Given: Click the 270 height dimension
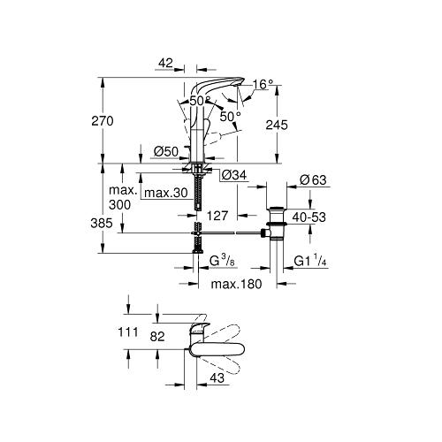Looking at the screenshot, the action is point(103,121).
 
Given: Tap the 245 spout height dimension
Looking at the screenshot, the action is point(277,125).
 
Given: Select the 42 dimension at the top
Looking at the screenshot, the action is point(165,63).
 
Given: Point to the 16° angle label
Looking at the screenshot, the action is point(263,85).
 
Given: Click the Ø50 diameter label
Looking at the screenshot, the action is point(166,152).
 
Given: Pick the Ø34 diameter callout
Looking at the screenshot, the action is point(234,176).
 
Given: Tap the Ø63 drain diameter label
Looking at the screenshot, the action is point(313,179).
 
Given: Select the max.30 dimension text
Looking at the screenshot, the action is point(166,193).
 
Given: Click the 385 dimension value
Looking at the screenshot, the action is point(102,223).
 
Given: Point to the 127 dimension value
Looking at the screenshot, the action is point(217,216).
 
